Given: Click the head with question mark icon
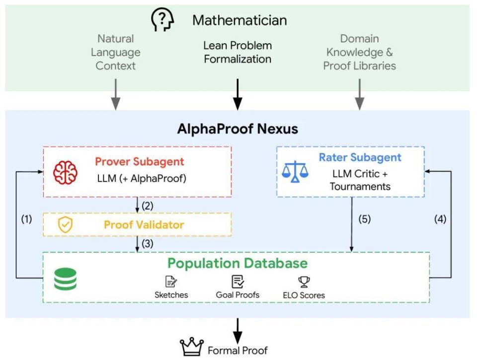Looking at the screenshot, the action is (162, 19).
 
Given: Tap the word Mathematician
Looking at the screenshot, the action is (239, 20).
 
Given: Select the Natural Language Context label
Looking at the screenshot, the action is (116, 52).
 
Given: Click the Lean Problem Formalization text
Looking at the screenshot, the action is (238, 52).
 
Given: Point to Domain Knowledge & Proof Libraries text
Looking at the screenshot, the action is (360, 52).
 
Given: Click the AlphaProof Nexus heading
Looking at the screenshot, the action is (238, 129).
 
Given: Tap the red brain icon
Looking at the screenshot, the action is (65, 172).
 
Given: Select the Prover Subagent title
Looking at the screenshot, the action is (139, 161).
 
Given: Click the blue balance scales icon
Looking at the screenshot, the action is (295, 172).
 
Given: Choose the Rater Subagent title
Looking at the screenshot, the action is (360, 157).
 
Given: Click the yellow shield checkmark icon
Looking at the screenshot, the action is (65, 225).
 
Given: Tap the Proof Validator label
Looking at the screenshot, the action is (144, 225).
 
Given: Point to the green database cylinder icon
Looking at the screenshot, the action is (65, 279).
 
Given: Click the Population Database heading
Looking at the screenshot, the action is (238, 263).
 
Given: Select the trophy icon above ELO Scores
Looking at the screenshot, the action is (304, 282).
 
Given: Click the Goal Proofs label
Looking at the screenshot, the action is (238, 294).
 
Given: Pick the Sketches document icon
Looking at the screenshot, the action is (171, 282).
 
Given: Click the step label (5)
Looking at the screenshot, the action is (364, 219).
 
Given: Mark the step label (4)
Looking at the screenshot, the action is (440, 219).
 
